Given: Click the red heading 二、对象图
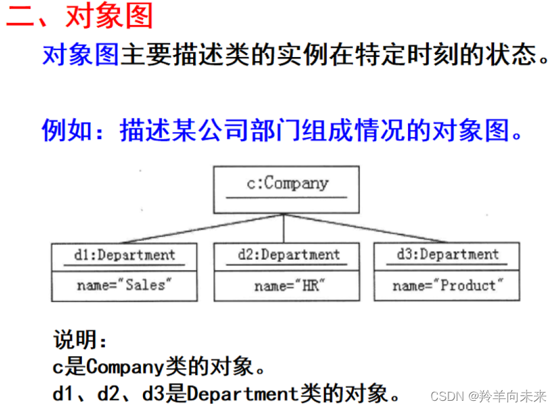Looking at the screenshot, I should pyautogui.click(x=80, y=16).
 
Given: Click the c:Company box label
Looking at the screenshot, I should pyautogui.click(x=287, y=183).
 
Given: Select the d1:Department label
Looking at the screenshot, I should pyautogui.click(x=124, y=256).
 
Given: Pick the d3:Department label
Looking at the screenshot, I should pyautogui.click(x=447, y=255).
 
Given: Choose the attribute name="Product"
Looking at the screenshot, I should pyautogui.click(x=447, y=286).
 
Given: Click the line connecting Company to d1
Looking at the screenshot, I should pyautogui.click(x=203, y=229).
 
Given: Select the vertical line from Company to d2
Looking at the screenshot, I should pyautogui.click(x=284, y=229).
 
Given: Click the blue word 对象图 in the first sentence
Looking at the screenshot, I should pyautogui.click(x=80, y=55).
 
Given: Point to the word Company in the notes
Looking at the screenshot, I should pyautogui.click(x=125, y=367).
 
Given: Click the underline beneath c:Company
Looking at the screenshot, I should pyautogui.click(x=287, y=197).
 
